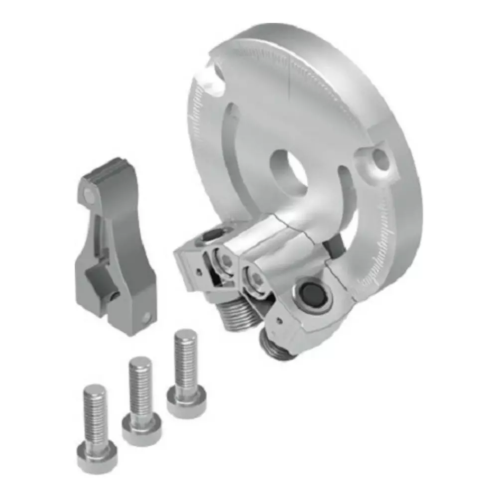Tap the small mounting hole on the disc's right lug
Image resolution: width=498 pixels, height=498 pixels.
pos(380,158)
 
